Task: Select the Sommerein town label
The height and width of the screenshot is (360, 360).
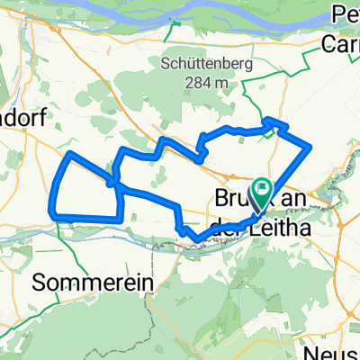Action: coord(93,283)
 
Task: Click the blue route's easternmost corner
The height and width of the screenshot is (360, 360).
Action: coord(310,145)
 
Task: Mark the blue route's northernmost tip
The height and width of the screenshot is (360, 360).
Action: coord(270,118)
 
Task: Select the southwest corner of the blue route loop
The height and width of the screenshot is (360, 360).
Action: coord(58,215)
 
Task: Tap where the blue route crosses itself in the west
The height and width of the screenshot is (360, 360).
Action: coord(112,183)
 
